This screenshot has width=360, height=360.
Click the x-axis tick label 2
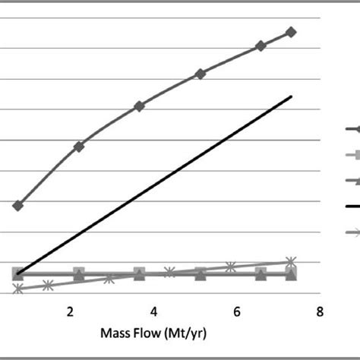pyautogui.click(x=70, y=312)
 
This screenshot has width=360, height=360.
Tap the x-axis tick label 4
pyautogui.click(x=153, y=312)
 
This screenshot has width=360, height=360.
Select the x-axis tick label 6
pyautogui.click(x=237, y=312)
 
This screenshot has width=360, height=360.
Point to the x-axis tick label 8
pyautogui.click(x=320, y=312)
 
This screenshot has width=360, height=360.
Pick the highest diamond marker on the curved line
pyautogui.click(x=291, y=32)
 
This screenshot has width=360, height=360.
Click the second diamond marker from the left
pyautogui.click(x=79, y=146)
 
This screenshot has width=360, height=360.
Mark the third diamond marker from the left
pyautogui.click(x=139, y=106)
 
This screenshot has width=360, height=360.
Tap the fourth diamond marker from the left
pyautogui.click(x=200, y=74)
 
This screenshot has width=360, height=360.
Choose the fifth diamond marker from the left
pyautogui.click(x=261, y=46)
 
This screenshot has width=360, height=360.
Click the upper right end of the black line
pyautogui.click(x=292, y=96)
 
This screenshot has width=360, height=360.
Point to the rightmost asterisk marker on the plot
pyautogui.click(x=290, y=261)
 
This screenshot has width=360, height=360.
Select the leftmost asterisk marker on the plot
pyautogui.click(x=17, y=289)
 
